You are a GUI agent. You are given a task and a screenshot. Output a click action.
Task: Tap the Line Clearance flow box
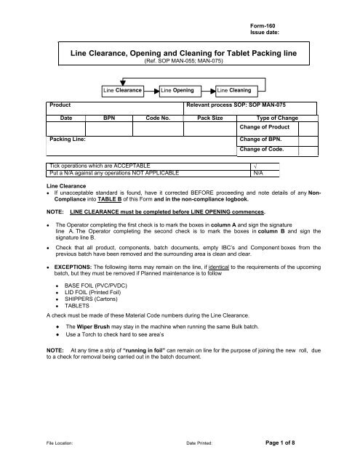click(122, 90)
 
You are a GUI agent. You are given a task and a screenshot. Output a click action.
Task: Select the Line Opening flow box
click(177, 90)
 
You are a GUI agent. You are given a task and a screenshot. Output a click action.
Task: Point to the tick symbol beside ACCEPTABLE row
click(252, 166)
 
